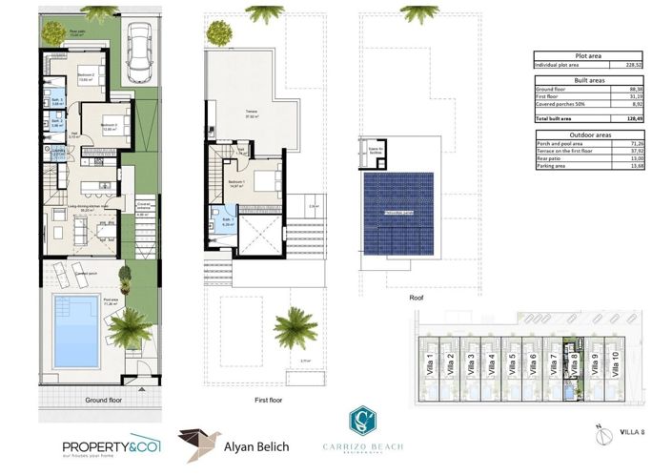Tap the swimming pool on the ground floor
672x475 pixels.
(76, 331)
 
